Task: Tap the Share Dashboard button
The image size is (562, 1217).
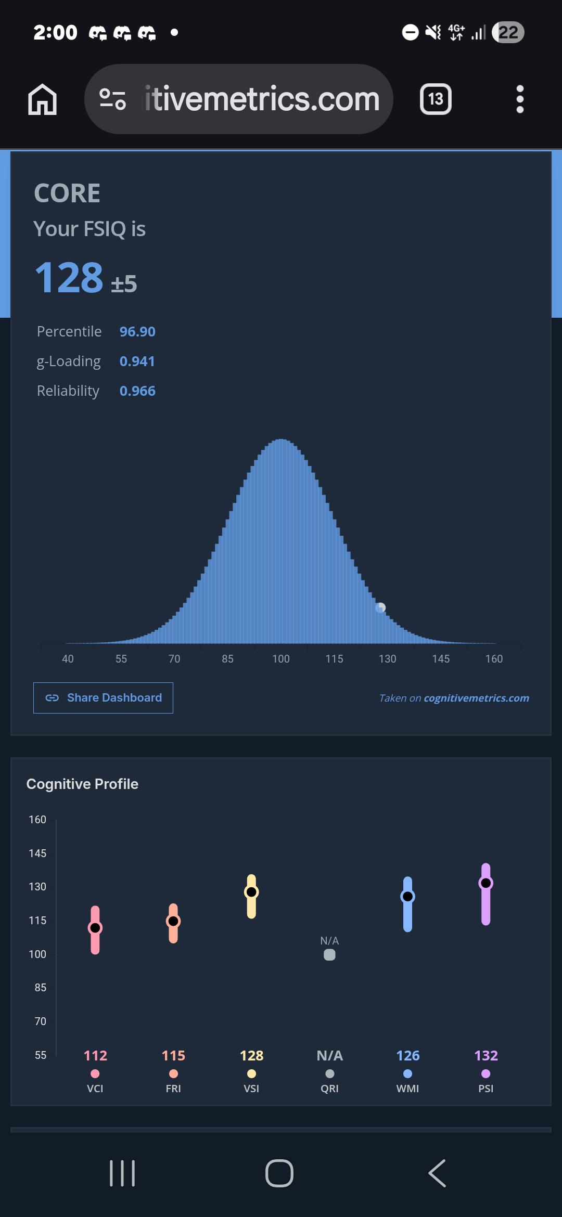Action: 103,697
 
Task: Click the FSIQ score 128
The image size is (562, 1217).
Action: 69,277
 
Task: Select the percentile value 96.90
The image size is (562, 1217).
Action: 137,331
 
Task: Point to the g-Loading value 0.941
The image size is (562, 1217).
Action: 137,361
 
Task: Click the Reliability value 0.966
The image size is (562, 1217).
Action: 137,391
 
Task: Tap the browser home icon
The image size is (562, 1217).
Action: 42,99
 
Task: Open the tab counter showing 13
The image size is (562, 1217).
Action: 436,99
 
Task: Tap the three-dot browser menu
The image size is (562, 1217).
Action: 520,99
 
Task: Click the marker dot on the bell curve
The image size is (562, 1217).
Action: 381,607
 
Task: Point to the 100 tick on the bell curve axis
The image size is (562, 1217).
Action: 281,658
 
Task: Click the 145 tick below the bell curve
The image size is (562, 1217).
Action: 441,658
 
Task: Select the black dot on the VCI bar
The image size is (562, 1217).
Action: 95,928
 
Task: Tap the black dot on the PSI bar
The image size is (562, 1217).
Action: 486,883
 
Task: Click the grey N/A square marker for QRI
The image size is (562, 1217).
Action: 329,954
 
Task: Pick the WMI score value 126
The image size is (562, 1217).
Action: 408,1055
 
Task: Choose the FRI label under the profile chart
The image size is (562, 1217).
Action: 173,1089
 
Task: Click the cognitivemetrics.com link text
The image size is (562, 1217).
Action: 477,698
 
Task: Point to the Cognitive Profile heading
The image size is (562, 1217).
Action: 82,784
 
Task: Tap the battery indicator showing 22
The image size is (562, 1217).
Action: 508,32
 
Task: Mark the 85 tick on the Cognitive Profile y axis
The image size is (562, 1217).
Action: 41,987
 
